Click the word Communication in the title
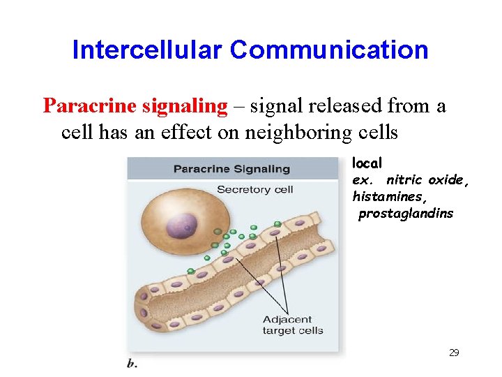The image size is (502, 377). [330, 50]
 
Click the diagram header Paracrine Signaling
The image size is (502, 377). [231, 168]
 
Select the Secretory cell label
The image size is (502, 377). [254, 190]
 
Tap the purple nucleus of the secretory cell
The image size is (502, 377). [185, 225]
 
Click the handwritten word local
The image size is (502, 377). [367, 163]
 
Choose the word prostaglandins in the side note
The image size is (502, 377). [405, 214]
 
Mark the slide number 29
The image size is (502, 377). [454, 353]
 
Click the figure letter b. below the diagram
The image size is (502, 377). [132, 363]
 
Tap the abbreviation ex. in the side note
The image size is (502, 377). [363, 180]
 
